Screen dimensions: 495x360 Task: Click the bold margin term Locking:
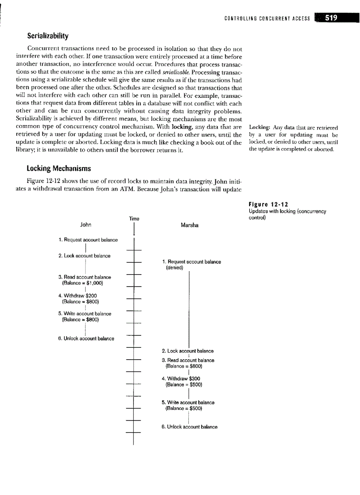[x=260, y=128]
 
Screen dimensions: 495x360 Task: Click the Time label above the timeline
[x=134, y=218]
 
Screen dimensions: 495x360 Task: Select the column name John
[x=86, y=225]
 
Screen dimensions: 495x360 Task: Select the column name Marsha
[x=190, y=225]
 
